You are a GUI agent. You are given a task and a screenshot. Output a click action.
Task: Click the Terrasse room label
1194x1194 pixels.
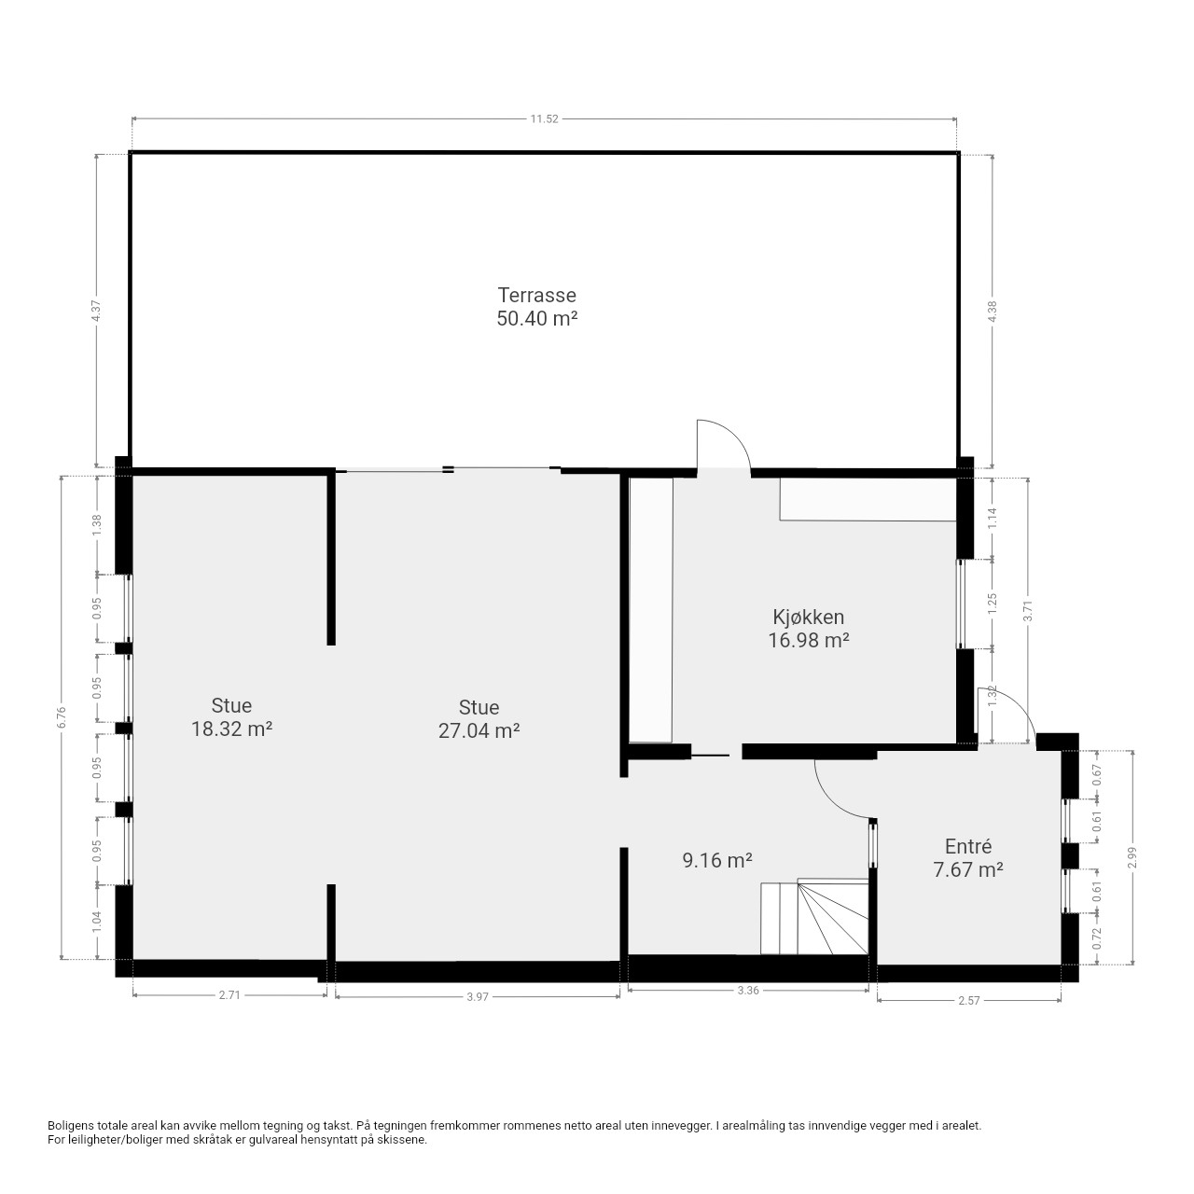536,295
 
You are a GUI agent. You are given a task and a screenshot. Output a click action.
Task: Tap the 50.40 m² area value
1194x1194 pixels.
536,318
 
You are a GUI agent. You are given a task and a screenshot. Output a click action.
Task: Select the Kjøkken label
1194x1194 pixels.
808,618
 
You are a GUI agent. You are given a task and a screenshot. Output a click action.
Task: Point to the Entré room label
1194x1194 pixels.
968,846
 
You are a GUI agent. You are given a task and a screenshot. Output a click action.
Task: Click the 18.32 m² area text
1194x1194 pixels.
231,729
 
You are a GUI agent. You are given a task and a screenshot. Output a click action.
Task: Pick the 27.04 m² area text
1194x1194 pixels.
479,731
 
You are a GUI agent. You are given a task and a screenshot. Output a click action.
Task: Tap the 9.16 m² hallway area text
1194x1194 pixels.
717,860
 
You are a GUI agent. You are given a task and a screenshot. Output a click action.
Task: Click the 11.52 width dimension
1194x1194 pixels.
544,119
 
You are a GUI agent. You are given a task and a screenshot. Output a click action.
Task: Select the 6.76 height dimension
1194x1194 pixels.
61,717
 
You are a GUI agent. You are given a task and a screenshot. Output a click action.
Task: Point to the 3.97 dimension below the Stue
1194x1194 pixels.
477,996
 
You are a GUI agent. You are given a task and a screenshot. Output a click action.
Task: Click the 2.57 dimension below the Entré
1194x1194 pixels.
968,1000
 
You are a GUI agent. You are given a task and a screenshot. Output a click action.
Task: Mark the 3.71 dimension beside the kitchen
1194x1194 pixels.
1028,612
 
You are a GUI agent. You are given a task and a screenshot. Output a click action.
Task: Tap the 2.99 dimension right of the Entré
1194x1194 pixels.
1133,857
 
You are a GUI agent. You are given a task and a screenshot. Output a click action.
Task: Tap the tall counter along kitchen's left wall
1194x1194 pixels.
650,610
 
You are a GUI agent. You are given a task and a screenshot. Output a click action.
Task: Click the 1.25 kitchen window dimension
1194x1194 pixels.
992,604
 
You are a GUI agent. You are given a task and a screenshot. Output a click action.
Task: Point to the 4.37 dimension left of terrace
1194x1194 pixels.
96,311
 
